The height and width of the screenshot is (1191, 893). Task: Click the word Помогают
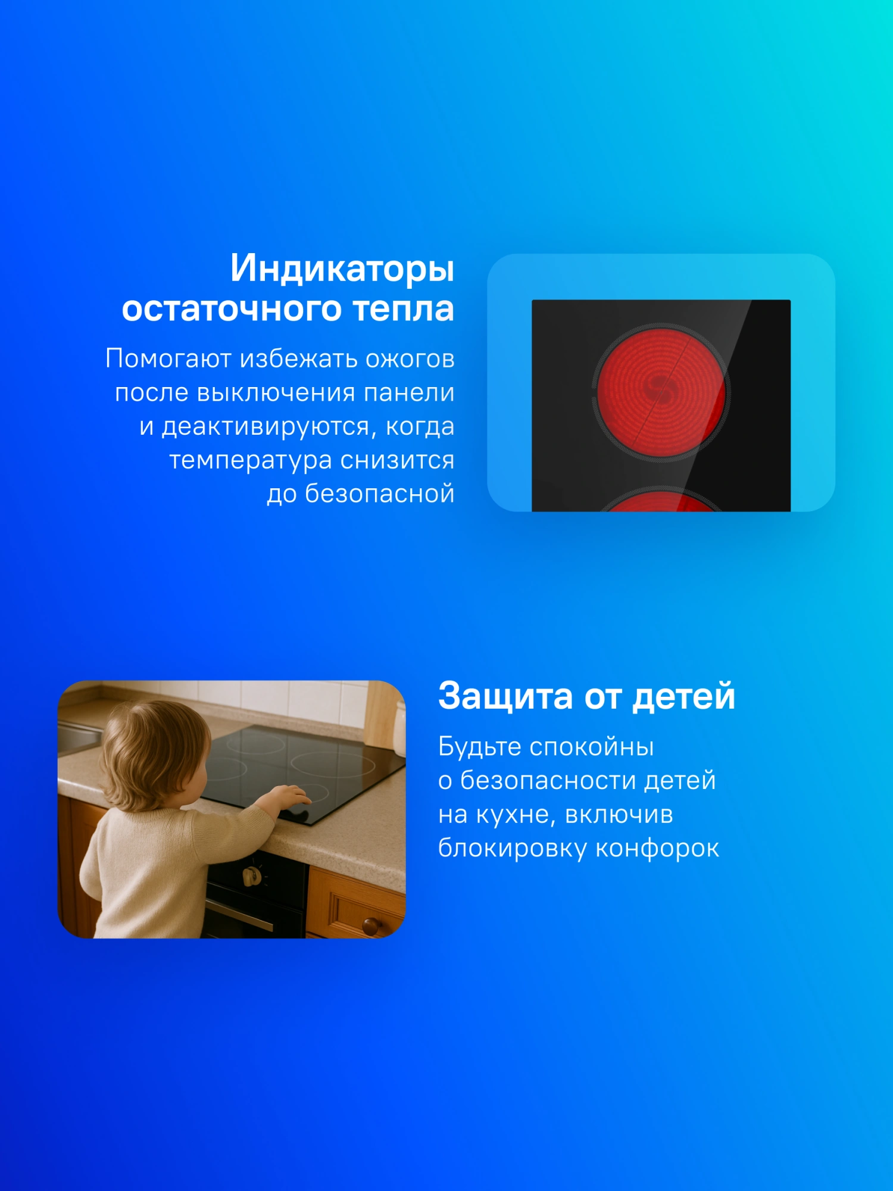pyautogui.click(x=168, y=358)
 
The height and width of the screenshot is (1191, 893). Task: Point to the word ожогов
pyautogui.click(x=410, y=358)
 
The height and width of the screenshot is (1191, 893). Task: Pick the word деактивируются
pyautogui.click(x=270, y=426)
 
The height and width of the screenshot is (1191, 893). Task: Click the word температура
pyautogui.click(x=251, y=461)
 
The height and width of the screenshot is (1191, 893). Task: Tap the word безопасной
pyautogui.click(x=380, y=494)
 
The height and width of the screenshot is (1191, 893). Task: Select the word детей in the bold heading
pyautogui.click(x=683, y=697)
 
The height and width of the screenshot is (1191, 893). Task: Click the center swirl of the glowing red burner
pyautogui.click(x=661, y=390)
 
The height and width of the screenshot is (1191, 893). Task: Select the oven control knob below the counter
pyautogui.click(x=252, y=875)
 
